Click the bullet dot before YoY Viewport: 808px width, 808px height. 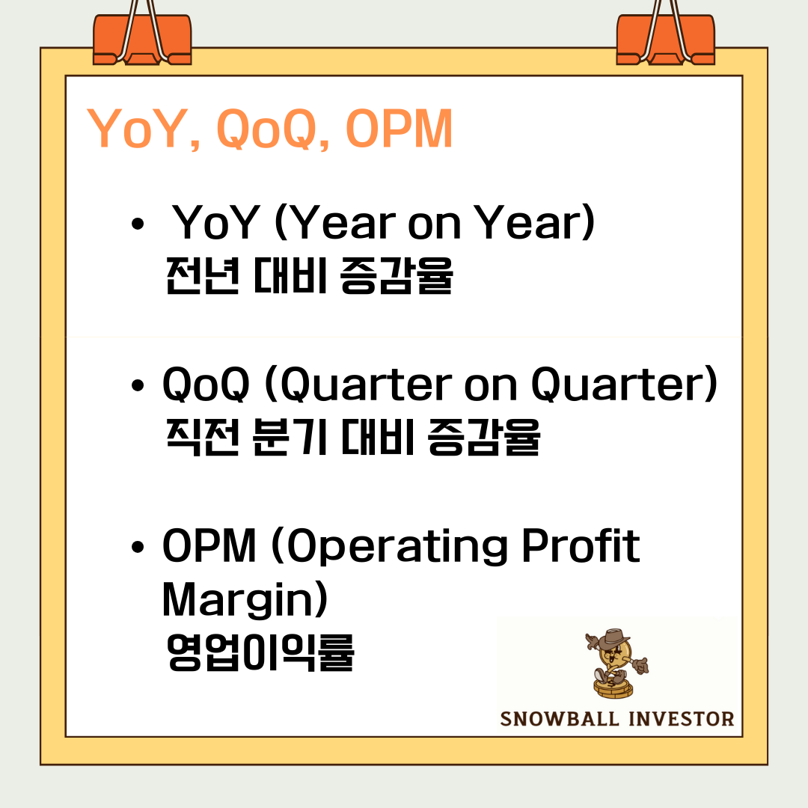138,224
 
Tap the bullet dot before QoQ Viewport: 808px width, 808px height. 138,385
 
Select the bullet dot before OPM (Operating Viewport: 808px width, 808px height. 138,547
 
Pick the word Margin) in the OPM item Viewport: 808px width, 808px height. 245,599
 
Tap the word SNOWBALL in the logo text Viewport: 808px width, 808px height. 560,719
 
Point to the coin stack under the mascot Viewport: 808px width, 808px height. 613,689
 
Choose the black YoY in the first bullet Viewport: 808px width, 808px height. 215,223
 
